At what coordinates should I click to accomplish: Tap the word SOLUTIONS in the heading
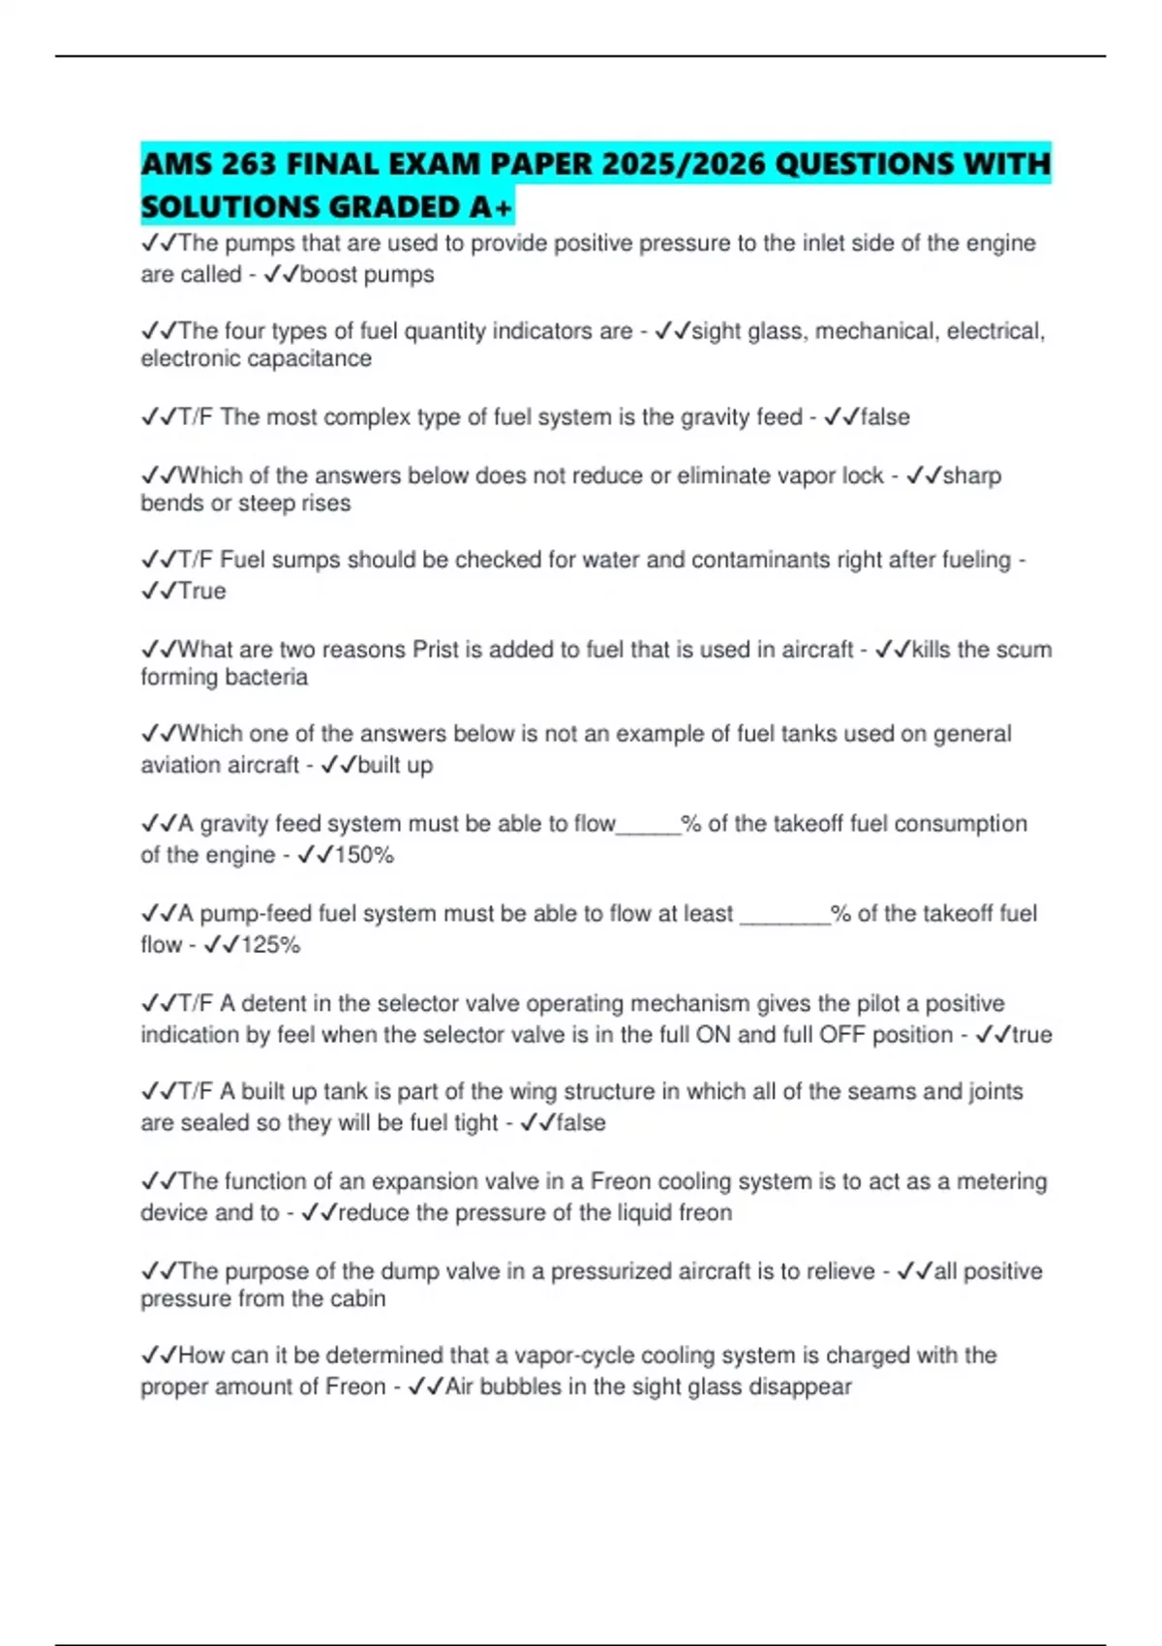(229, 207)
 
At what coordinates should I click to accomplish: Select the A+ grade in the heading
(493, 207)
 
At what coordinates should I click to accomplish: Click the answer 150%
(363, 855)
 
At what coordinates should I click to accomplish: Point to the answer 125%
(270, 945)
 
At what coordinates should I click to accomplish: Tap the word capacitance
(312, 359)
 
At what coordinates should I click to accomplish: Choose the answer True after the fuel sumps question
(201, 592)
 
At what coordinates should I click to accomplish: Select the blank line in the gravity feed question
(649, 825)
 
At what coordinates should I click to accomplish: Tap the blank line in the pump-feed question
(784, 915)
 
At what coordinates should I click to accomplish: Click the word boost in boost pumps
(329, 275)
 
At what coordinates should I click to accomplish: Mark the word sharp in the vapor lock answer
(972, 476)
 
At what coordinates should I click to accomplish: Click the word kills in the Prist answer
(932, 650)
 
